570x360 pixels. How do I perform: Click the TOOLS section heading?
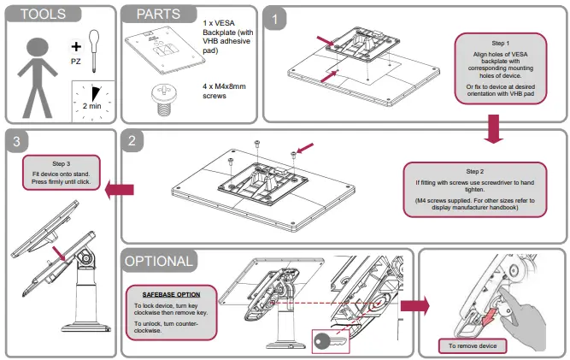tap(42, 15)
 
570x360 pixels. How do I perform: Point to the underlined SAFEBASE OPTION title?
tap(171, 293)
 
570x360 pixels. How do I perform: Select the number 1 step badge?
tap(275, 17)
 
